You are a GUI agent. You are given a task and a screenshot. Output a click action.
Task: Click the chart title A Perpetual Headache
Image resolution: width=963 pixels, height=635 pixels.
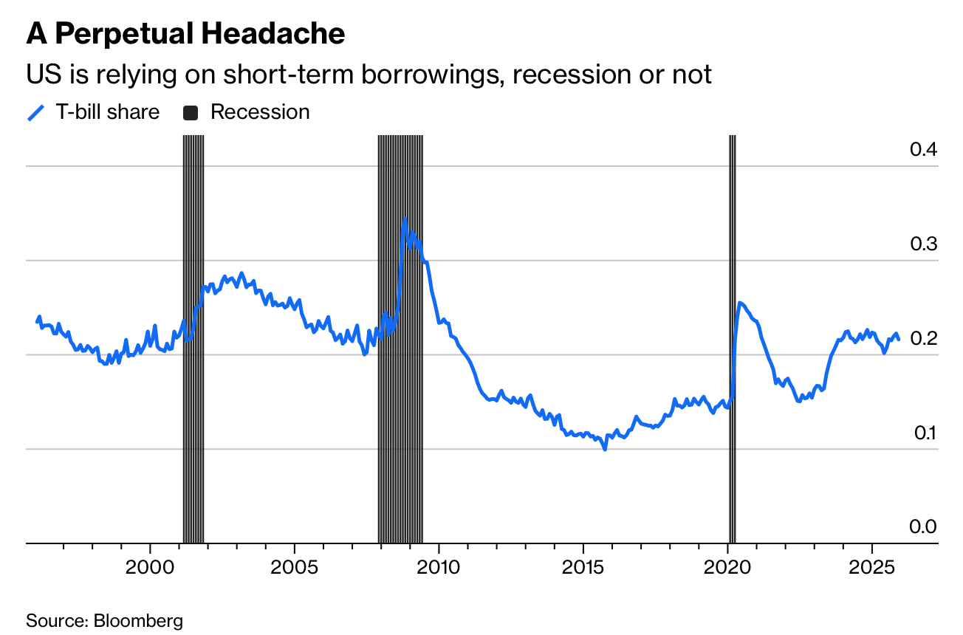(185, 35)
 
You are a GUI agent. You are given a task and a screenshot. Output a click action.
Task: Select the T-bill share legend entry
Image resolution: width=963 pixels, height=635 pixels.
(93, 112)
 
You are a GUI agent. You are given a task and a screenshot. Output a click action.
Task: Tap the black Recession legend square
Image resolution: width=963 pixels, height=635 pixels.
(191, 113)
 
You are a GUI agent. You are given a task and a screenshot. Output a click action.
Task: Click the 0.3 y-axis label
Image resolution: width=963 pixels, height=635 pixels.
(923, 244)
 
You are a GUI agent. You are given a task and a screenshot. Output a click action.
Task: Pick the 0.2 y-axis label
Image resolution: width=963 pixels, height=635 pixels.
(923, 338)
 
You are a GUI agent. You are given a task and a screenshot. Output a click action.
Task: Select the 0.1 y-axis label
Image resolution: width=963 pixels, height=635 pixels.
(923, 433)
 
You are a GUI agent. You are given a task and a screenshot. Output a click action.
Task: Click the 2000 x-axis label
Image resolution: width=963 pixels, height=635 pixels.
(150, 569)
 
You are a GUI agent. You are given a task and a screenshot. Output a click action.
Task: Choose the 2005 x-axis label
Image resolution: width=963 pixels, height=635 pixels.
(294, 569)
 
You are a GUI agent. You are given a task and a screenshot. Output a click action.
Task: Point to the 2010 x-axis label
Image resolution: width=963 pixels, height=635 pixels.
(439, 569)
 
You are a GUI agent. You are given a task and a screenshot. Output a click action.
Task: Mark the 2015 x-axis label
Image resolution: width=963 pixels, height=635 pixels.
(583, 569)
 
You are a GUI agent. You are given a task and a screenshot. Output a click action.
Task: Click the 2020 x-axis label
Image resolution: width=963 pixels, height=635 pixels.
(727, 569)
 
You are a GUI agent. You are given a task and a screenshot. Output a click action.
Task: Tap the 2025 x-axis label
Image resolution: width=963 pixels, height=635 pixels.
(871, 569)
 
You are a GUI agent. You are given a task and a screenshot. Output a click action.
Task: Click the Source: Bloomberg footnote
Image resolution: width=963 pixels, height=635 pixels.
(104, 620)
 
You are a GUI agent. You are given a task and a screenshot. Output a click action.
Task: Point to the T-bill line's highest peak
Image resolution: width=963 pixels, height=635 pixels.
(405, 219)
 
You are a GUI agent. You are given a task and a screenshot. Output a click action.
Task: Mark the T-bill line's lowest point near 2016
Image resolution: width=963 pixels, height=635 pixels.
(605, 448)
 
